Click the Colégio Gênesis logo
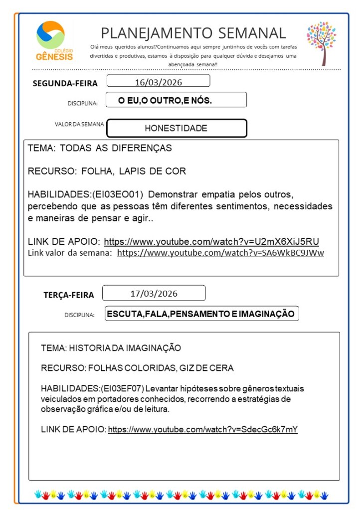(x=54, y=41)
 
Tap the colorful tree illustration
(x=322, y=42)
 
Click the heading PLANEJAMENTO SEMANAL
(x=193, y=33)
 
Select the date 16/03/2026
(x=158, y=82)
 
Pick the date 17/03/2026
(x=154, y=293)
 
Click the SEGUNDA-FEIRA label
(x=65, y=83)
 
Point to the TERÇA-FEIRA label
(x=68, y=295)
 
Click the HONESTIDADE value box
(x=177, y=128)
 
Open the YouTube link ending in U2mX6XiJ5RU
(x=211, y=242)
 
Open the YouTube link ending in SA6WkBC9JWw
(x=220, y=253)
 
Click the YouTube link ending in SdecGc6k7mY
(x=202, y=429)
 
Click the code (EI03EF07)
(x=123, y=388)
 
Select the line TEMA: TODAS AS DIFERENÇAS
(x=100, y=148)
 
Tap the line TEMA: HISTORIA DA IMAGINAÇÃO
(x=111, y=347)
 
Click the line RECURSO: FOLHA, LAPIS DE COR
(x=107, y=171)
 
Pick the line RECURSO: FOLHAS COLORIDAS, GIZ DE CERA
(x=137, y=368)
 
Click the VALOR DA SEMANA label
(x=79, y=124)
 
